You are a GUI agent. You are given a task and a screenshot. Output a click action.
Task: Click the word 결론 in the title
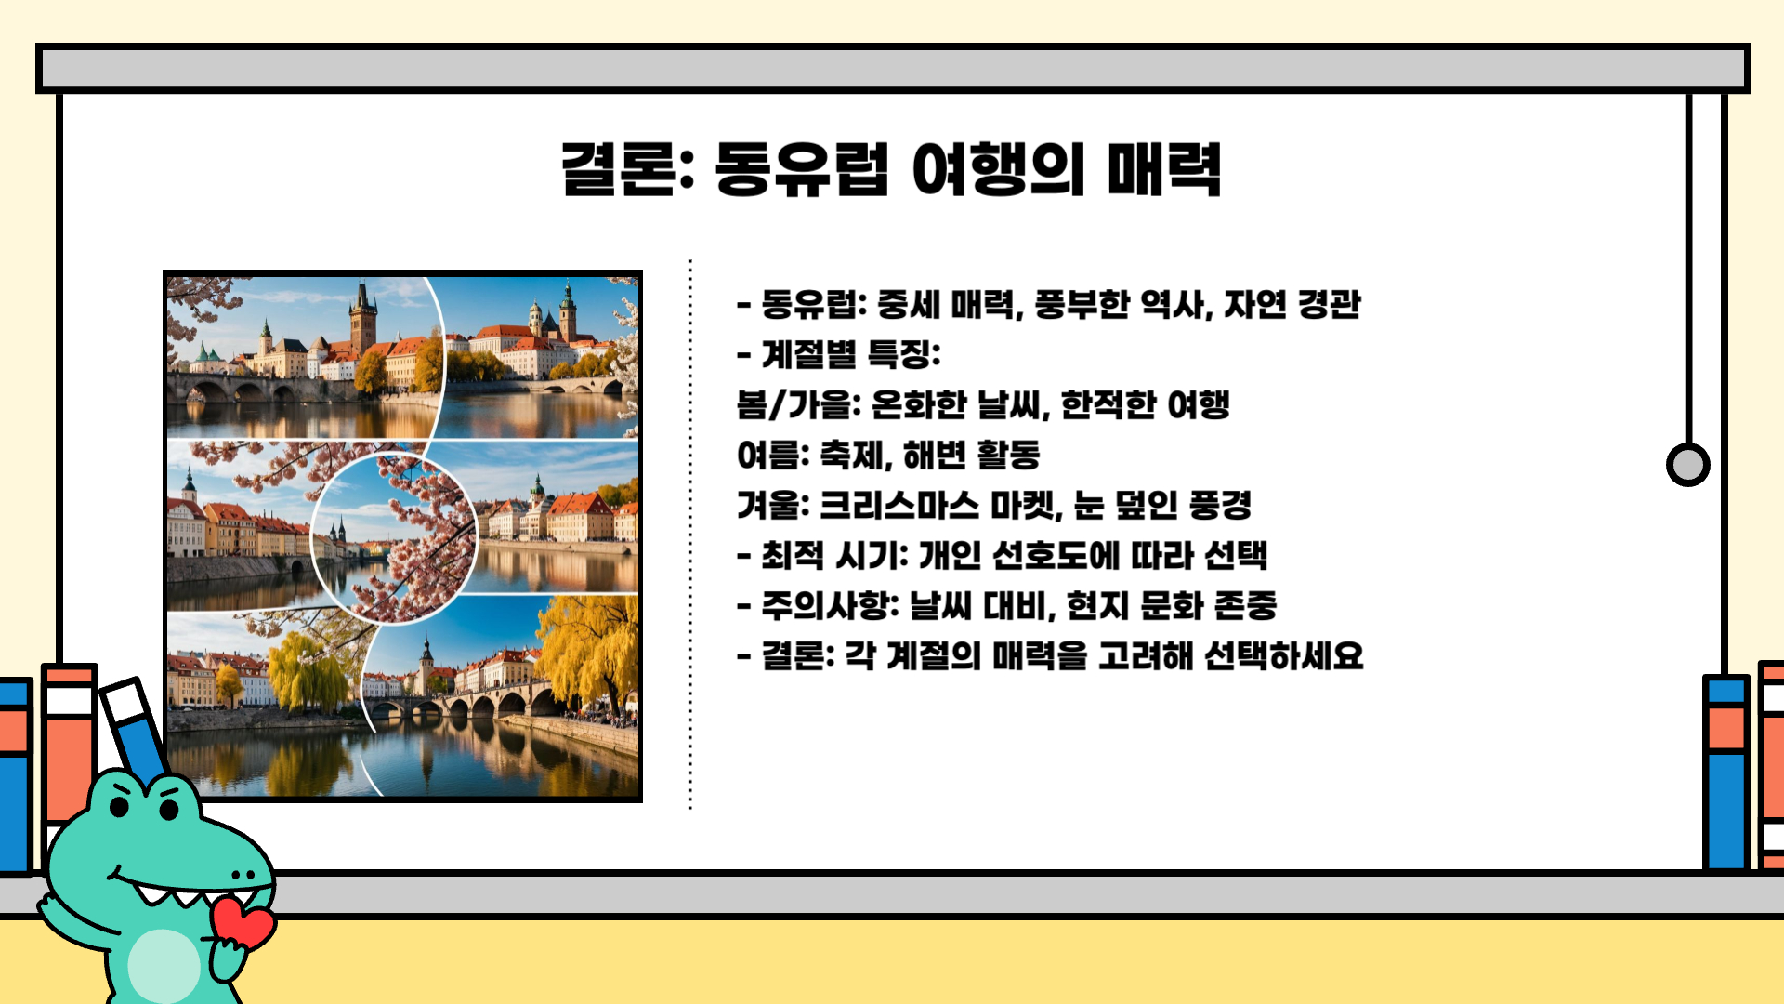617,169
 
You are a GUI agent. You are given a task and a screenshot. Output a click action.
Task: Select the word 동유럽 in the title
801,169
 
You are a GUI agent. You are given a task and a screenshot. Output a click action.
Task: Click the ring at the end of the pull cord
1687,465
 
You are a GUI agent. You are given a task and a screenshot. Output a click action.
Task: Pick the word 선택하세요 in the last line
1283,655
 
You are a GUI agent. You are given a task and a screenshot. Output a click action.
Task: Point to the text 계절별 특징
850,354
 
